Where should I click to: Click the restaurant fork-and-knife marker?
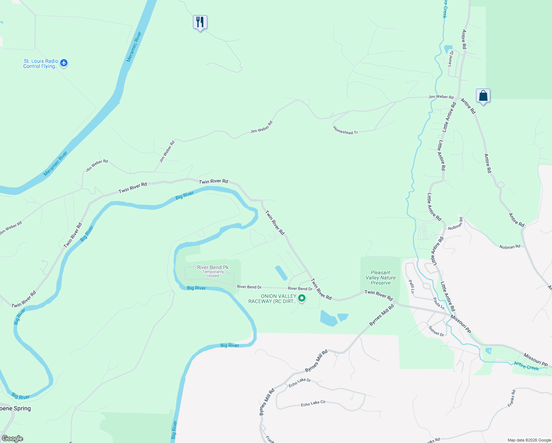[x=200, y=23]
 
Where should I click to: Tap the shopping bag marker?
[x=483, y=96]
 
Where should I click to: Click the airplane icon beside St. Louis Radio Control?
[x=64, y=63]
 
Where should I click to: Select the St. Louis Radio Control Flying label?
[x=41, y=63]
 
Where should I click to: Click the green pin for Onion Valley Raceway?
[x=302, y=298]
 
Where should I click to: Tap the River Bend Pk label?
[x=213, y=267]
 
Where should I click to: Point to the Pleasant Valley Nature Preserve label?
[x=380, y=278]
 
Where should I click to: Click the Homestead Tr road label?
[x=345, y=130]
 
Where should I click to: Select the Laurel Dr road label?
[x=451, y=58]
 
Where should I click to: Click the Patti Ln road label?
[x=411, y=286]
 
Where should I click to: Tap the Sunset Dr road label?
[x=437, y=331]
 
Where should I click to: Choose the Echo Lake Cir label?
[x=313, y=403]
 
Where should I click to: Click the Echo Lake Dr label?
[x=300, y=382]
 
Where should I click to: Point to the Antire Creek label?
[x=527, y=366]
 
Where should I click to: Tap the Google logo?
[x=12, y=439]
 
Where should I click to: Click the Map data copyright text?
[x=529, y=440]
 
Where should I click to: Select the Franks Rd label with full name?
[x=511, y=398]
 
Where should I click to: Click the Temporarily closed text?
[x=213, y=274]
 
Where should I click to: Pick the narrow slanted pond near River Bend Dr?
[x=281, y=273]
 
